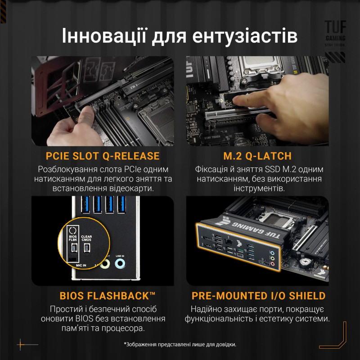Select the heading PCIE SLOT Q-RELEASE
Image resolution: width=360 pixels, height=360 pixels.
tap(103, 157)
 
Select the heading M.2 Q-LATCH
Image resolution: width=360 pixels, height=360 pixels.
tap(257, 157)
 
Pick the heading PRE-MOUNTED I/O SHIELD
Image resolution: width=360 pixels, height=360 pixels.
tap(258, 296)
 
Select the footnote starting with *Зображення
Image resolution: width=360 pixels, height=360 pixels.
tap(180, 344)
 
